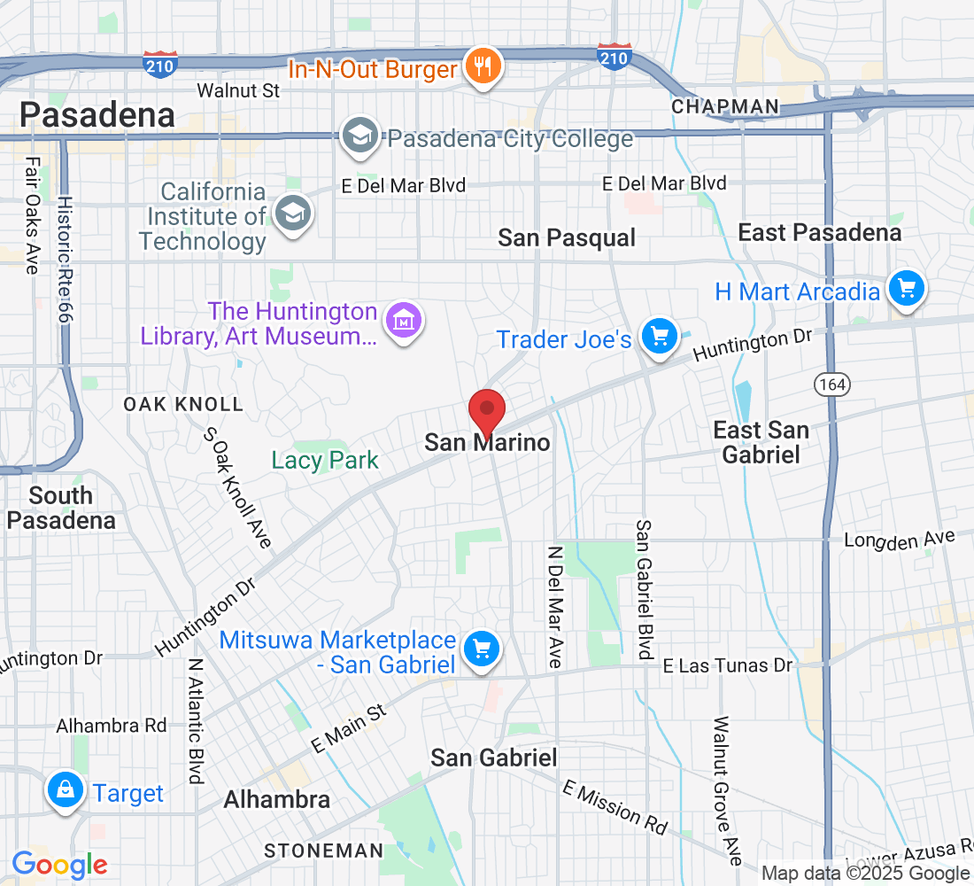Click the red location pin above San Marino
pos(486,409)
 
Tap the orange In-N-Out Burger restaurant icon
pos(483,67)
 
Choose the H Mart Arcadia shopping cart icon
pos(905,290)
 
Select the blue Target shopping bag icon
pos(65,791)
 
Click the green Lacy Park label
pos(325,461)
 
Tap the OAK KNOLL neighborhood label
pos(182,404)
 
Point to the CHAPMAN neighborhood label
pos(725,107)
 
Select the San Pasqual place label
pos(567,237)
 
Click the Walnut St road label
pos(238,90)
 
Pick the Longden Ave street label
pos(900,540)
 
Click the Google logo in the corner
pos(59,865)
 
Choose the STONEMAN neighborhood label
pos(323,851)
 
